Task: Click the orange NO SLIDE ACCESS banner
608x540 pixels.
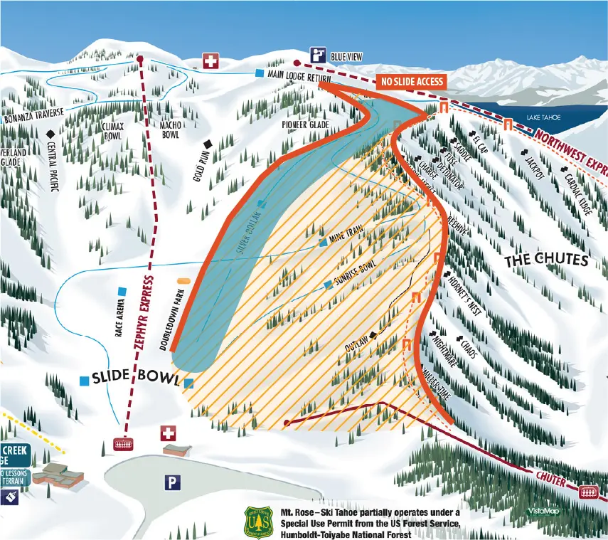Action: (x=412, y=82)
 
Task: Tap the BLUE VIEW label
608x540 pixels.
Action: (x=348, y=56)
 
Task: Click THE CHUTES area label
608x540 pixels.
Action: (x=546, y=261)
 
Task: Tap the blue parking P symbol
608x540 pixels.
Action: (x=171, y=483)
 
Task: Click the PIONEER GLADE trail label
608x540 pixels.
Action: (x=305, y=125)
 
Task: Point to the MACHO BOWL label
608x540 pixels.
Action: (x=170, y=130)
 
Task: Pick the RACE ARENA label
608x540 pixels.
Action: (x=117, y=318)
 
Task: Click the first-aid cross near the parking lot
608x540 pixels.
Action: (x=169, y=433)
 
